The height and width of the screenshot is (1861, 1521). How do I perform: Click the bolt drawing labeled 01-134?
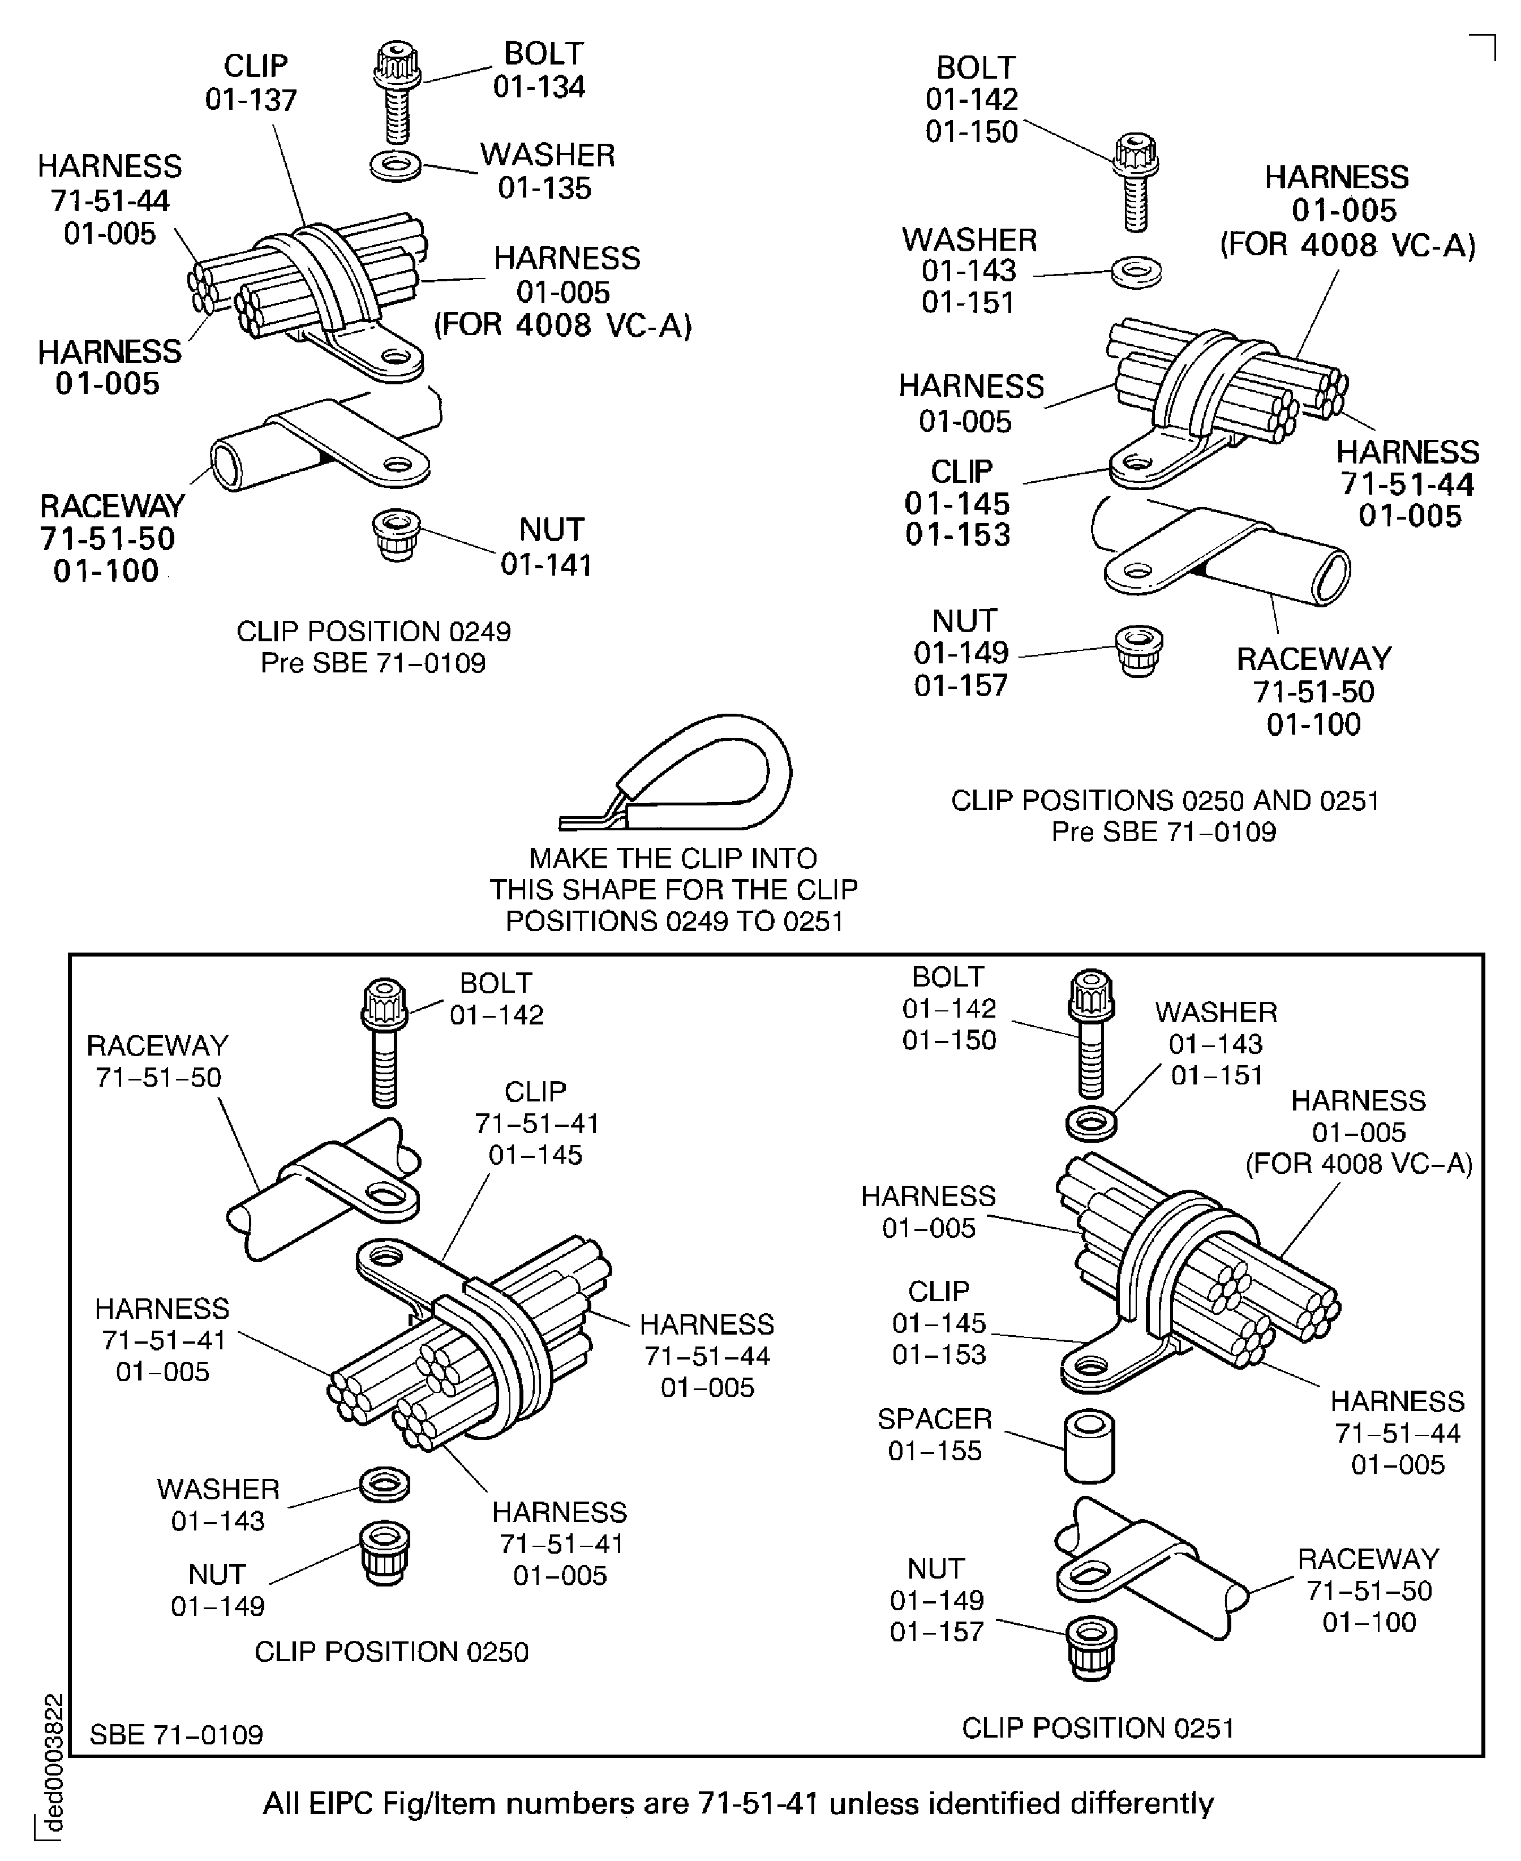(397, 92)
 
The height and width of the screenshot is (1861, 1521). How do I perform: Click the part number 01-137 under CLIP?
(251, 100)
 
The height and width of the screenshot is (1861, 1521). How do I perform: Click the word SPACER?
(935, 1418)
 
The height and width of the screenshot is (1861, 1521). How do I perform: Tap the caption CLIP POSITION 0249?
(373, 632)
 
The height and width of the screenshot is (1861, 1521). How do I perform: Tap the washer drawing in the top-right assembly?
(1136, 272)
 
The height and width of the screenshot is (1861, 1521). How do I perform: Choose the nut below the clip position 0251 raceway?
(1091, 1646)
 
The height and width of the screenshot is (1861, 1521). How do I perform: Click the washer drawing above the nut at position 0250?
(385, 1484)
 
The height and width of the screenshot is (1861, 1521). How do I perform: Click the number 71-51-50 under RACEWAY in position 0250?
(158, 1078)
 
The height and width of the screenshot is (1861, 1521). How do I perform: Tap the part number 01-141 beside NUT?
(546, 565)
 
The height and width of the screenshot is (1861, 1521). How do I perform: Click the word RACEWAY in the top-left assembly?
(112, 507)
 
